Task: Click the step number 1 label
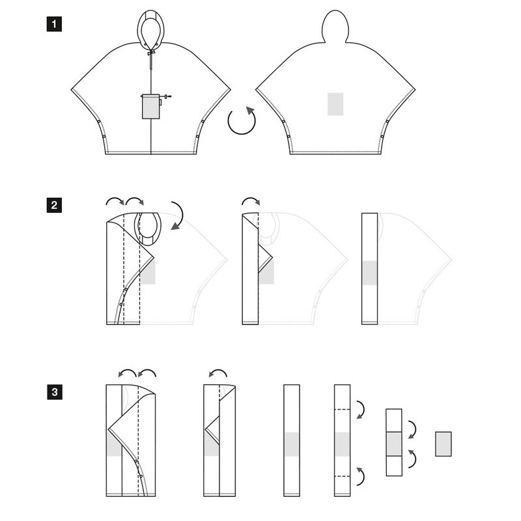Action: pyautogui.click(x=54, y=24)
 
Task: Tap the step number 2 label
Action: pyautogui.click(x=54, y=205)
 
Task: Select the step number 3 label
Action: pyautogui.click(x=55, y=392)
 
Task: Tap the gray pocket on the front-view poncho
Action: pyautogui.click(x=151, y=107)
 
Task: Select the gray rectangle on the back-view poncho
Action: pyautogui.click(x=335, y=104)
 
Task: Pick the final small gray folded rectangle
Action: pyautogui.click(x=444, y=444)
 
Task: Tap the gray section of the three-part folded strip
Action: pyautogui.click(x=394, y=444)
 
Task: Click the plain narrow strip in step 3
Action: pyautogui.click(x=292, y=441)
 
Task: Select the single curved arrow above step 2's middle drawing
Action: pyautogui.click(x=251, y=199)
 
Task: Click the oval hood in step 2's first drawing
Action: pyautogui.click(x=148, y=229)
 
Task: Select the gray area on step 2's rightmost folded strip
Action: pyautogui.click(x=369, y=273)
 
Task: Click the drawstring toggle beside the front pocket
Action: pyautogui.click(x=165, y=96)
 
